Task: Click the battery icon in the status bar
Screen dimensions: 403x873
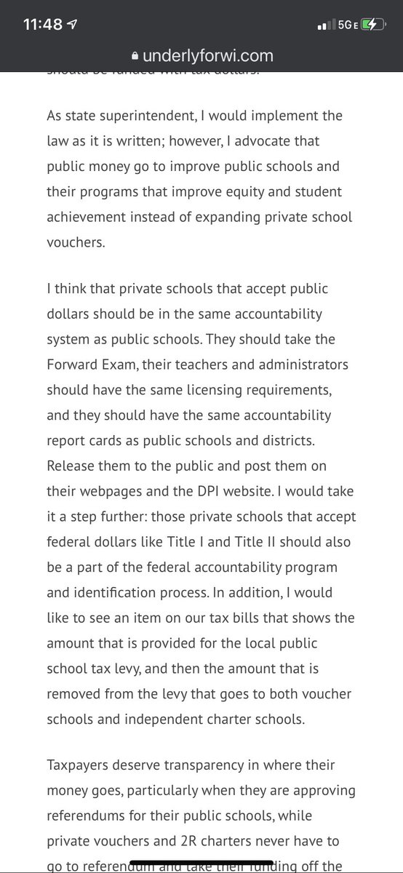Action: [x=369, y=24]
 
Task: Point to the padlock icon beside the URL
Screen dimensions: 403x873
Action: [x=134, y=55]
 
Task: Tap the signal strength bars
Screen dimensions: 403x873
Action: [x=324, y=25]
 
